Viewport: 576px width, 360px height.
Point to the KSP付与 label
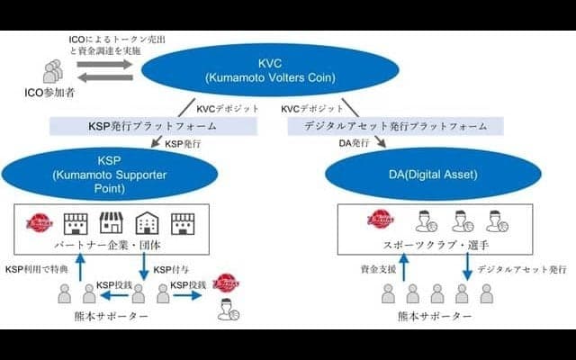click(x=171, y=269)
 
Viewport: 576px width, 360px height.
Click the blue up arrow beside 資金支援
click(x=401, y=267)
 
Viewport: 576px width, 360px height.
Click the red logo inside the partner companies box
click(x=40, y=221)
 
